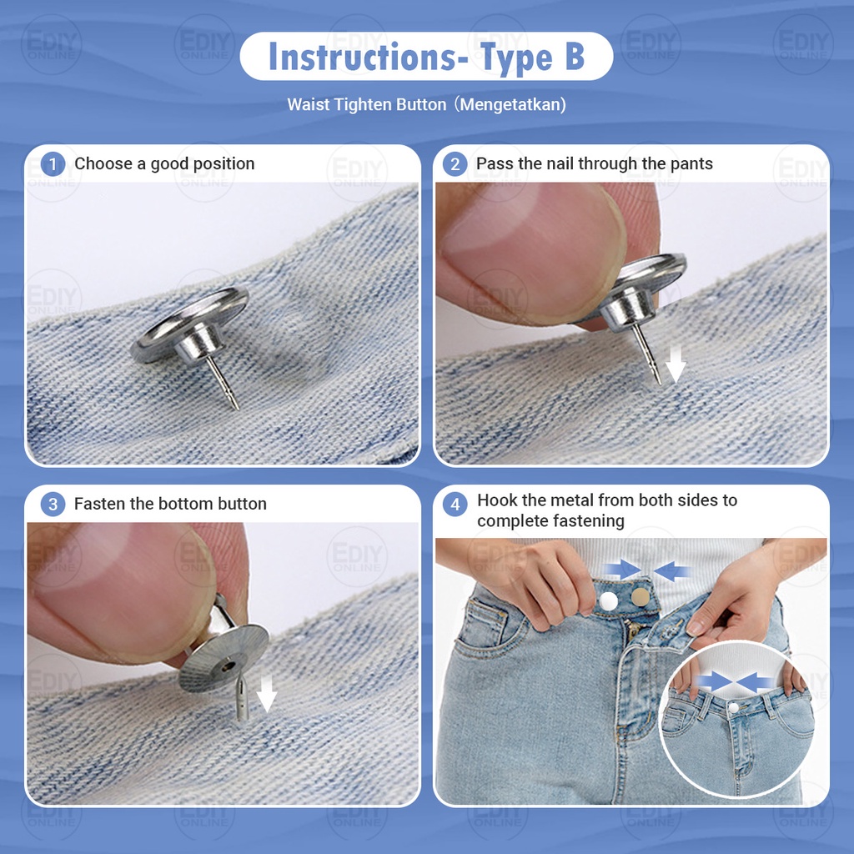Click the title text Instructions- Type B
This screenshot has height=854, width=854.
tap(426, 57)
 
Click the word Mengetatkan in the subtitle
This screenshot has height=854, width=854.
tap(512, 104)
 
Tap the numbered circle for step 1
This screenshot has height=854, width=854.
tap(53, 164)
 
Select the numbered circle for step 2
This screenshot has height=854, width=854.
tap(455, 164)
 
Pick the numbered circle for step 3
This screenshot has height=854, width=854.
tap(53, 504)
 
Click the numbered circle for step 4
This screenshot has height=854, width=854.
tap(455, 505)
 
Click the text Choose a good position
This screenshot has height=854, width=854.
tap(164, 163)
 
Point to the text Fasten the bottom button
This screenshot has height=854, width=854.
tap(170, 503)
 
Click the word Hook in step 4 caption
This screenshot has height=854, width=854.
tap(495, 500)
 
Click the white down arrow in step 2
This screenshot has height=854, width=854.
tap(676, 364)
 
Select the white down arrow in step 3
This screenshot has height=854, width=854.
tap(266, 693)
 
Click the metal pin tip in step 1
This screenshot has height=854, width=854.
tap(235, 406)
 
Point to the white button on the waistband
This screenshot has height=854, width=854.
tap(608, 600)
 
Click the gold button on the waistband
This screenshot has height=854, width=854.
tap(640, 597)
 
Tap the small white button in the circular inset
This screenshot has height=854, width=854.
tap(733, 707)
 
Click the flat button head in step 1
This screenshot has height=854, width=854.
tap(189, 324)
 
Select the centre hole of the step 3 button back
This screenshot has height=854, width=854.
tap(229, 666)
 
